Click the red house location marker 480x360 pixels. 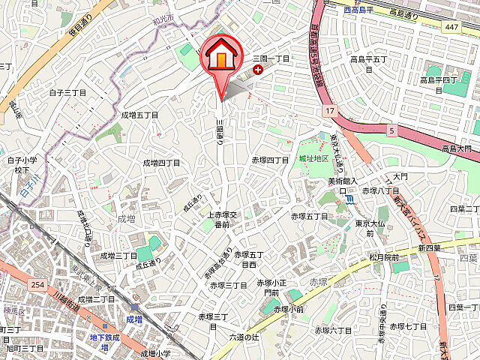[x=221, y=56]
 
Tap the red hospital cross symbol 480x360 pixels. [x=259, y=70]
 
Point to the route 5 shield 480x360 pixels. [x=391, y=130]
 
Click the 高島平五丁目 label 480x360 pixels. [x=367, y=63]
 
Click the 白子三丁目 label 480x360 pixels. [x=67, y=93]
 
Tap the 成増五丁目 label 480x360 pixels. [x=139, y=115]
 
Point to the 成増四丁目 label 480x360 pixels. [x=161, y=163]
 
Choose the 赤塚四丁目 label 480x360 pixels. [x=270, y=160]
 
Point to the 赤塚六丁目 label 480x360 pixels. [x=333, y=330]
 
